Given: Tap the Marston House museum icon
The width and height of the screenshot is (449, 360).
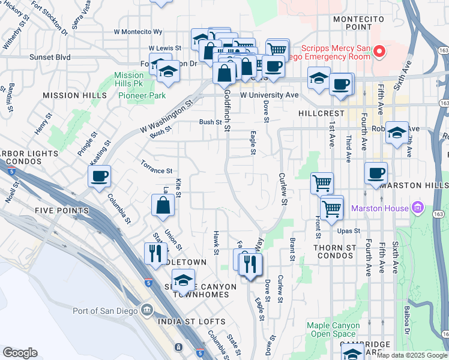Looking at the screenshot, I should point(419,209).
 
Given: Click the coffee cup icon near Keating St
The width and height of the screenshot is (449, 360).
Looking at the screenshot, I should point(99,176).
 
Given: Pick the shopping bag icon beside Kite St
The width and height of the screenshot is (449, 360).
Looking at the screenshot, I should point(163,206).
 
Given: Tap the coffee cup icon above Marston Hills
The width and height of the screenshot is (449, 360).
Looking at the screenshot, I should point(376,173).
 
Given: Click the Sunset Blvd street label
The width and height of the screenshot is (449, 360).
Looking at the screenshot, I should point(50,58).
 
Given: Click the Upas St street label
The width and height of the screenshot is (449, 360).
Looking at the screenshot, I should point(348,230).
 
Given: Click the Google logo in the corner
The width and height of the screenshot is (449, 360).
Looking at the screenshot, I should point(20,353).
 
